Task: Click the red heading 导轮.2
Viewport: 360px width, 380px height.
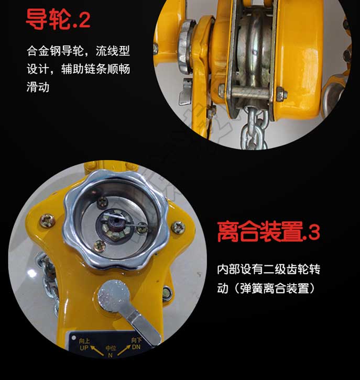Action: [x=58, y=19]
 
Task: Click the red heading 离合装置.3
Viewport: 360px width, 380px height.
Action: [x=268, y=232]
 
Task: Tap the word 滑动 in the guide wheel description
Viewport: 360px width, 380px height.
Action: [x=38, y=87]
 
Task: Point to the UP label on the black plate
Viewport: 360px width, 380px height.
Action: [x=84, y=348]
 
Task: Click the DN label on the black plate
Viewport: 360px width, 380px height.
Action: [x=136, y=347]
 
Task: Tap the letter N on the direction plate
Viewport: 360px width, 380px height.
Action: [x=111, y=355]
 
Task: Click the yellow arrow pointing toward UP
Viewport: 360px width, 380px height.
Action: [x=97, y=351]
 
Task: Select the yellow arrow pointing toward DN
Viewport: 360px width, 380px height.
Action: [x=124, y=351]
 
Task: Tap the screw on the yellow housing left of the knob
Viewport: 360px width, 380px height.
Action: [x=47, y=220]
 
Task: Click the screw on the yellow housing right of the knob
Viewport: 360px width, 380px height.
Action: [x=179, y=228]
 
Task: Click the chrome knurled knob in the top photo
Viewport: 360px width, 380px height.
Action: [x=186, y=46]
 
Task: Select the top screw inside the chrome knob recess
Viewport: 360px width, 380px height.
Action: [x=102, y=202]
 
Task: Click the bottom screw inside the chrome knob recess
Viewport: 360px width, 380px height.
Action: [x=100, y=245]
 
